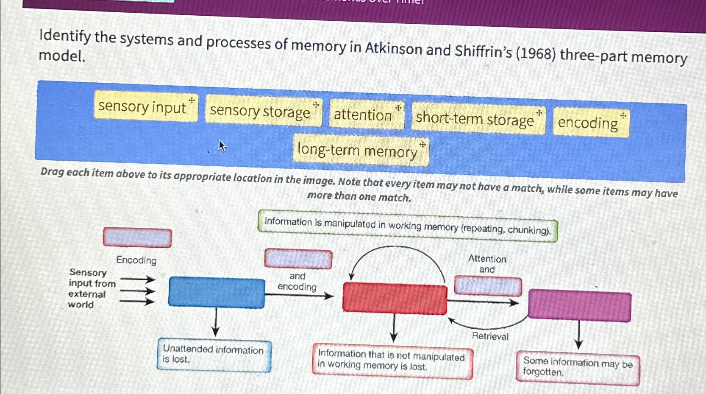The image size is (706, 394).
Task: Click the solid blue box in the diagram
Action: pyautogui.click(x=217, y=292)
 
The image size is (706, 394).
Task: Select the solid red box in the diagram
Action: pyautogui.click(x=395, y=299)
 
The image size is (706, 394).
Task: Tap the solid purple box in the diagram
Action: pyautogui.click(x=579, y=305)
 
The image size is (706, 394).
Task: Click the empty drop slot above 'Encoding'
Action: pyautogui.click(x=137, y=238)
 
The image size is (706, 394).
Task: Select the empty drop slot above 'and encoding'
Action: pyautogui.click(x=298, y=259)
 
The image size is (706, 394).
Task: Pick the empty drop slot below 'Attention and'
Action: pyautogui.click(x=488, y=286)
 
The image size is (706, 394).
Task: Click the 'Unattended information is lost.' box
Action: pyautogui.click(x=214, y=355)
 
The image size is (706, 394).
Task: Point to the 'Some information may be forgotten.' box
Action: pyautogui.click(x=577, y=367)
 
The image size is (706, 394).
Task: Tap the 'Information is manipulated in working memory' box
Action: pyautogui.click(x=407, y=226)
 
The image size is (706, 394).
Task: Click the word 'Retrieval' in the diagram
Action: pyautogui.click(x=490, y=336)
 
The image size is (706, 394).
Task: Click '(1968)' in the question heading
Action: pyautogui.click(x=536, y=53)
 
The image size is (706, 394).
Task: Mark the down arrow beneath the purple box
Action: pyautogui.click(x=578, y=335)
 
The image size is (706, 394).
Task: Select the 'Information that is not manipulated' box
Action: pyautogui.click(x=392, y=360)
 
